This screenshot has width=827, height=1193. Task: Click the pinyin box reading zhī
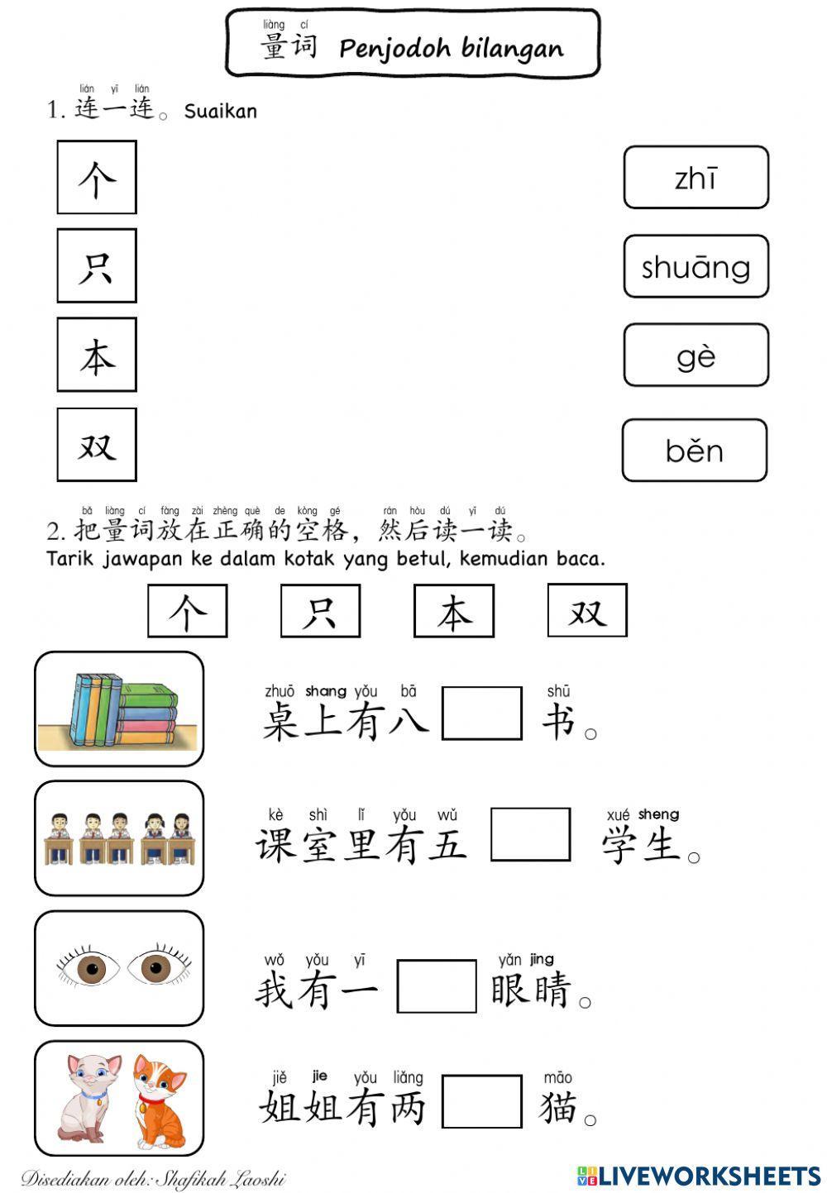(x=696, y=178)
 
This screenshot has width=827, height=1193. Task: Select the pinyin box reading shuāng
(x=696, y=266)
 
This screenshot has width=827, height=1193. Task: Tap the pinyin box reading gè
(x=696, y=356)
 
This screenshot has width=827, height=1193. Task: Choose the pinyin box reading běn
(x=694, y=451)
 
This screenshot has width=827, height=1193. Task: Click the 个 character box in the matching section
(x=97, y=178)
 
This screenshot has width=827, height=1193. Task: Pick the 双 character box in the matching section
(x=97, y=445)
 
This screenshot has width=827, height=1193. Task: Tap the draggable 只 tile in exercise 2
(x=320, y=612)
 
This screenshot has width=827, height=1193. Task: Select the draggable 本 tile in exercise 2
(x=454, y=612)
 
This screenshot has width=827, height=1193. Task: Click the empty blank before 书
(x=481, y=713)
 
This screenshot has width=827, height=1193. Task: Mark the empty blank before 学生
(x=530, y=834)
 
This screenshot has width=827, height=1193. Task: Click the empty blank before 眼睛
(x=436, y=985)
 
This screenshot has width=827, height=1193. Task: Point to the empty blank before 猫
(x=481, y=1101)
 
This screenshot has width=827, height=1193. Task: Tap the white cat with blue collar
(x=88, y=1095)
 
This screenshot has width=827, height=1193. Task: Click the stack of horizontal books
(x=147, y=715)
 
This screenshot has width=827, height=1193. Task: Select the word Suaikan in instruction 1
(x=220, y=111)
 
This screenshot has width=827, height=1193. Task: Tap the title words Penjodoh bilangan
(x=451, y=49)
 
